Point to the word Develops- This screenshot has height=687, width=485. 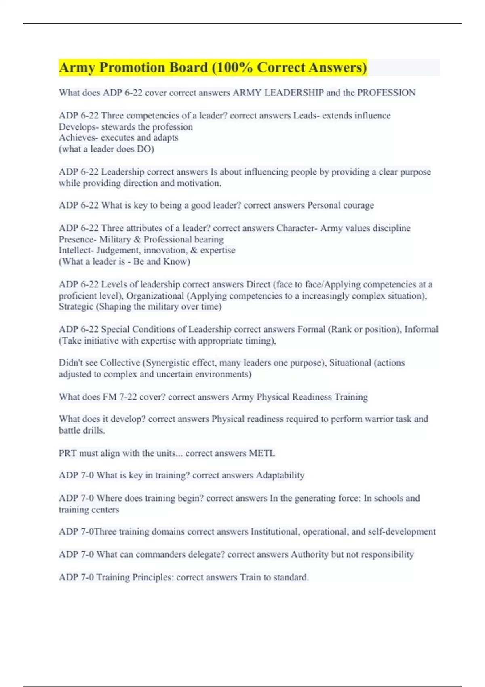click(78, 127)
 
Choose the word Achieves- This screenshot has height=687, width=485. click(78, 138)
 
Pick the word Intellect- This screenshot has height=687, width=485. click(76, 251)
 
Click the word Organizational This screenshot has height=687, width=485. click(155, 296)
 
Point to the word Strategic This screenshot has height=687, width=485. click(76, 307)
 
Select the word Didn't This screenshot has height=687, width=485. click(69, 363)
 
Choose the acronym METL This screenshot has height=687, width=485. click(262, 453)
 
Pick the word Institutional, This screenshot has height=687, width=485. click(275, 532)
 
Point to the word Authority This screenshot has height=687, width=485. click(310, 554)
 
